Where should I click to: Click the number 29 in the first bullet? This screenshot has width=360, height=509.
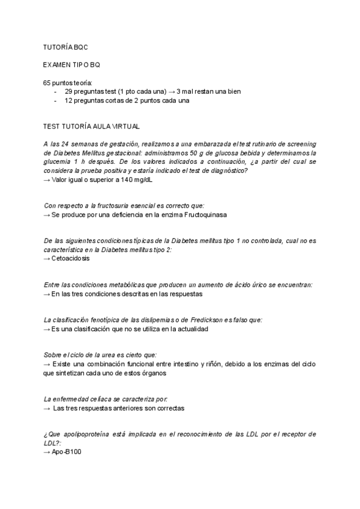pos(68,91)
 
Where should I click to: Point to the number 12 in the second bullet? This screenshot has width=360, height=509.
pos(68,100)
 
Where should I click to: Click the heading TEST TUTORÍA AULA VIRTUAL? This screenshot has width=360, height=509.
pos(91,127)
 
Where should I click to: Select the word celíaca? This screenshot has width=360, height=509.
pos(95,399)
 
